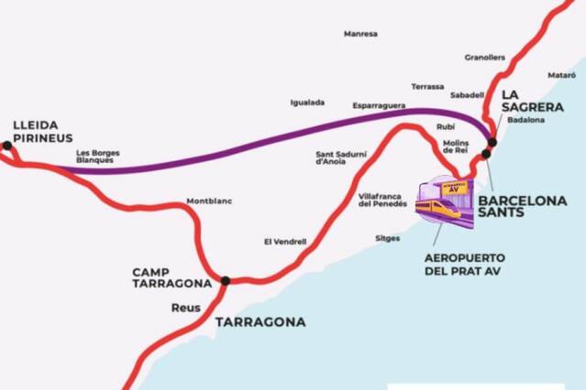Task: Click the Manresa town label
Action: [360, 34]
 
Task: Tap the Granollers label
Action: [485, 57]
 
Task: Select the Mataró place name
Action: [560, 74]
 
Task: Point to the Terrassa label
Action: [427, 86]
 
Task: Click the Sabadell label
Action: [467, 94]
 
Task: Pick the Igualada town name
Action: [307, 103]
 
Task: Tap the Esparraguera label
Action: [379, 106]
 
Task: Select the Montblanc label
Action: [205, 200]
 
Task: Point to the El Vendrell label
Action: [284, 242]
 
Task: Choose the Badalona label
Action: [525, 120]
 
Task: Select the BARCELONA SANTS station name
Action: [523, 205]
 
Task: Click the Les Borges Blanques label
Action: [97, 157]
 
